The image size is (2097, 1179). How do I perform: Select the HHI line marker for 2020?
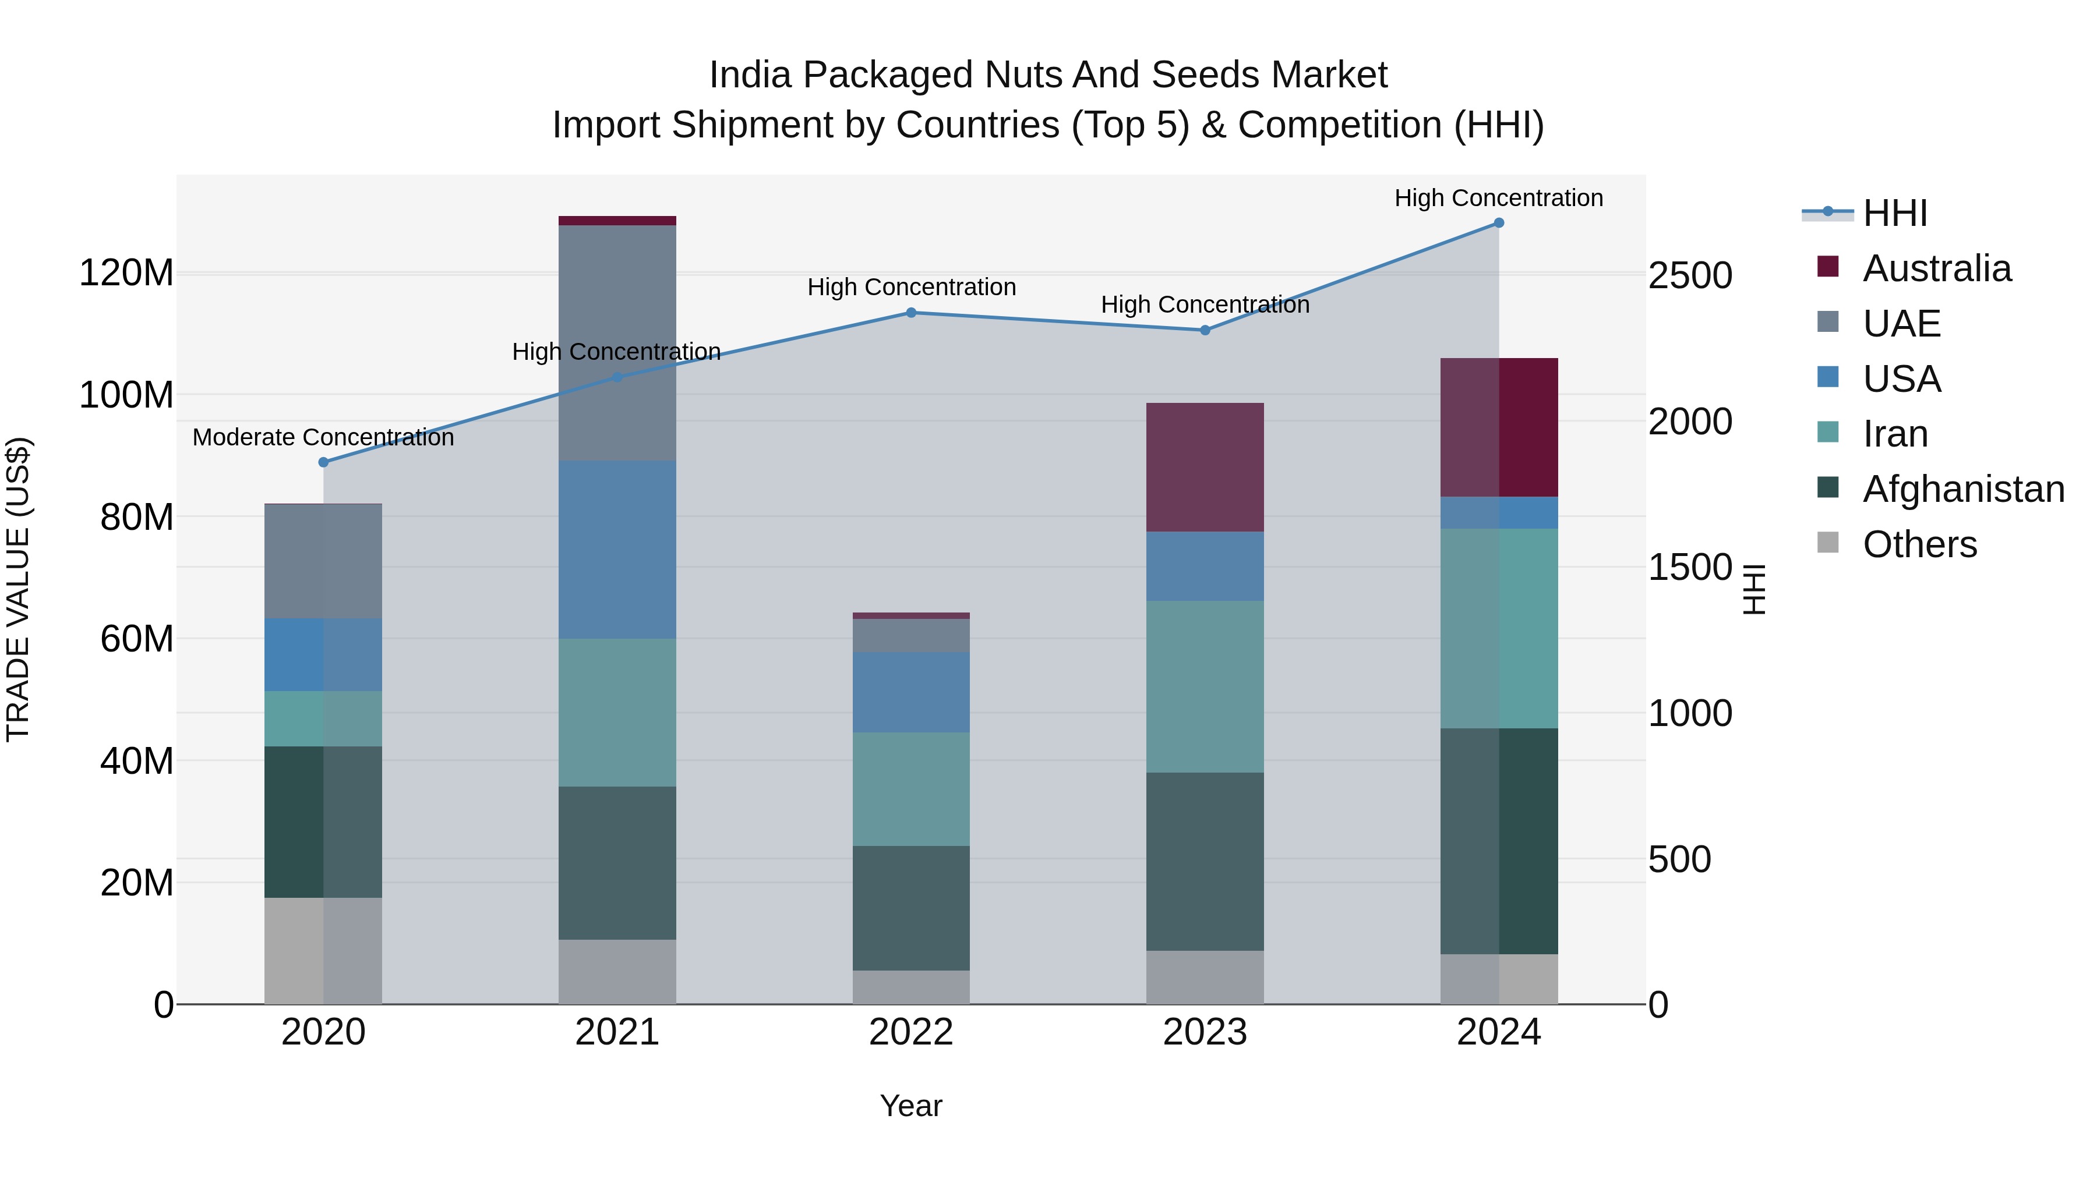323,462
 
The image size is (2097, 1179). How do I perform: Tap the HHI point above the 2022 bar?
911,313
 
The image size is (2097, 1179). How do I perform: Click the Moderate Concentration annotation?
323,438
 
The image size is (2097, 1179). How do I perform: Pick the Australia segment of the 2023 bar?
1205,467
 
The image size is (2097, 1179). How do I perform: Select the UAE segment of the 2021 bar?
617,342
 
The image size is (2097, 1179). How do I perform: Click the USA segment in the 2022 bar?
911,692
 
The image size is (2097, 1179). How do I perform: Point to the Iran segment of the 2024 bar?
1499,628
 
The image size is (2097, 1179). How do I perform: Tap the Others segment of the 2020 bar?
323,950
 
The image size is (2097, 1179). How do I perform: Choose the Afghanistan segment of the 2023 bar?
1205,861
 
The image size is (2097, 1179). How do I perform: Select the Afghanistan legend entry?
1962,489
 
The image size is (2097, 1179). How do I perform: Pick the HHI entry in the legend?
1894,213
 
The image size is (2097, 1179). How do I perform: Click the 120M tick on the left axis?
126,272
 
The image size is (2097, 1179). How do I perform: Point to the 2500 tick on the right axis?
1690,276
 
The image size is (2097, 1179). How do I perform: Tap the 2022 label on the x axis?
911,1032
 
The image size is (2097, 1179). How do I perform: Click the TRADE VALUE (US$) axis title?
18,589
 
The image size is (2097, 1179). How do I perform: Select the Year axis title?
911,1106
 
